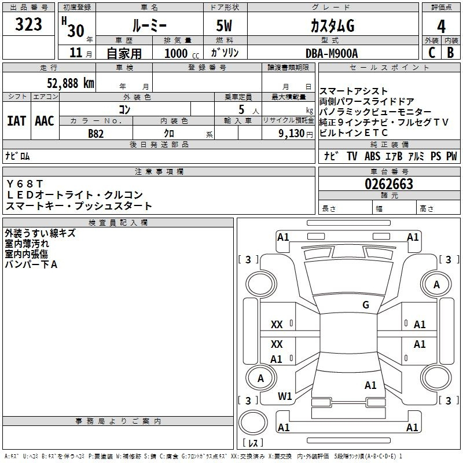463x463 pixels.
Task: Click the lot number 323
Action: (29, 25)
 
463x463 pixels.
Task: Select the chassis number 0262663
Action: (388, 185)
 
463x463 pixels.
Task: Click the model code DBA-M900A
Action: (332, 53)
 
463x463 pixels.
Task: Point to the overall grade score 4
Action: (441, 26)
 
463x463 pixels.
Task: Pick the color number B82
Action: (95, 133)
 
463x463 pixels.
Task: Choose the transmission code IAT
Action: (16, 121)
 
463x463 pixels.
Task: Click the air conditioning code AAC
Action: (44, 121)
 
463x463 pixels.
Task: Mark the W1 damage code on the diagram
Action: (285, 396)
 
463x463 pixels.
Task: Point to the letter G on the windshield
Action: (365, 305)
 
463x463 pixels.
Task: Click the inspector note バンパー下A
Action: (31, 264)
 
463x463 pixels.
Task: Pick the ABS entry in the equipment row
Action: (372, 156)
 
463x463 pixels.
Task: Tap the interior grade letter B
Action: (450, 53)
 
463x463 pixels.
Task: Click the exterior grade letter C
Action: (431, 53)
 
